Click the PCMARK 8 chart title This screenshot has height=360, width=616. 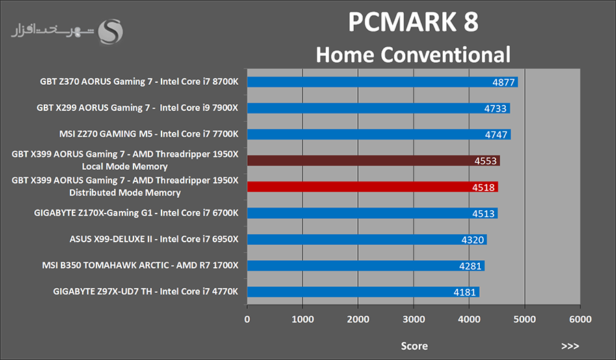click(413, 22)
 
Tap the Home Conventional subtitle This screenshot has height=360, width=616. click(413, 54)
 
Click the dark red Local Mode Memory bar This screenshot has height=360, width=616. click(363, 161)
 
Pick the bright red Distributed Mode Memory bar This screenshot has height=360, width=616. click(363, 187)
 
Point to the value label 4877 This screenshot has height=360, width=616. click(504, 82)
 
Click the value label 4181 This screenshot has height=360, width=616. click(466, 292)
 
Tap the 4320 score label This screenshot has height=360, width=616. click(474, 240)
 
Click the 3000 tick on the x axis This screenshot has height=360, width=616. click(413, 320)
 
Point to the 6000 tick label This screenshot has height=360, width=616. click(580, 320)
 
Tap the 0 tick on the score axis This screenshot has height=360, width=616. click(247, 320)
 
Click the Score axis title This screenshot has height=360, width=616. click(414, 346)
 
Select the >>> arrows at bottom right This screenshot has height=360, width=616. click(569, 346)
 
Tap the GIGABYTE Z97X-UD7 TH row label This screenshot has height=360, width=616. click(146, 292)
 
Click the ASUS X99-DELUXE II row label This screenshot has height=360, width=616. click(154, 240)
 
